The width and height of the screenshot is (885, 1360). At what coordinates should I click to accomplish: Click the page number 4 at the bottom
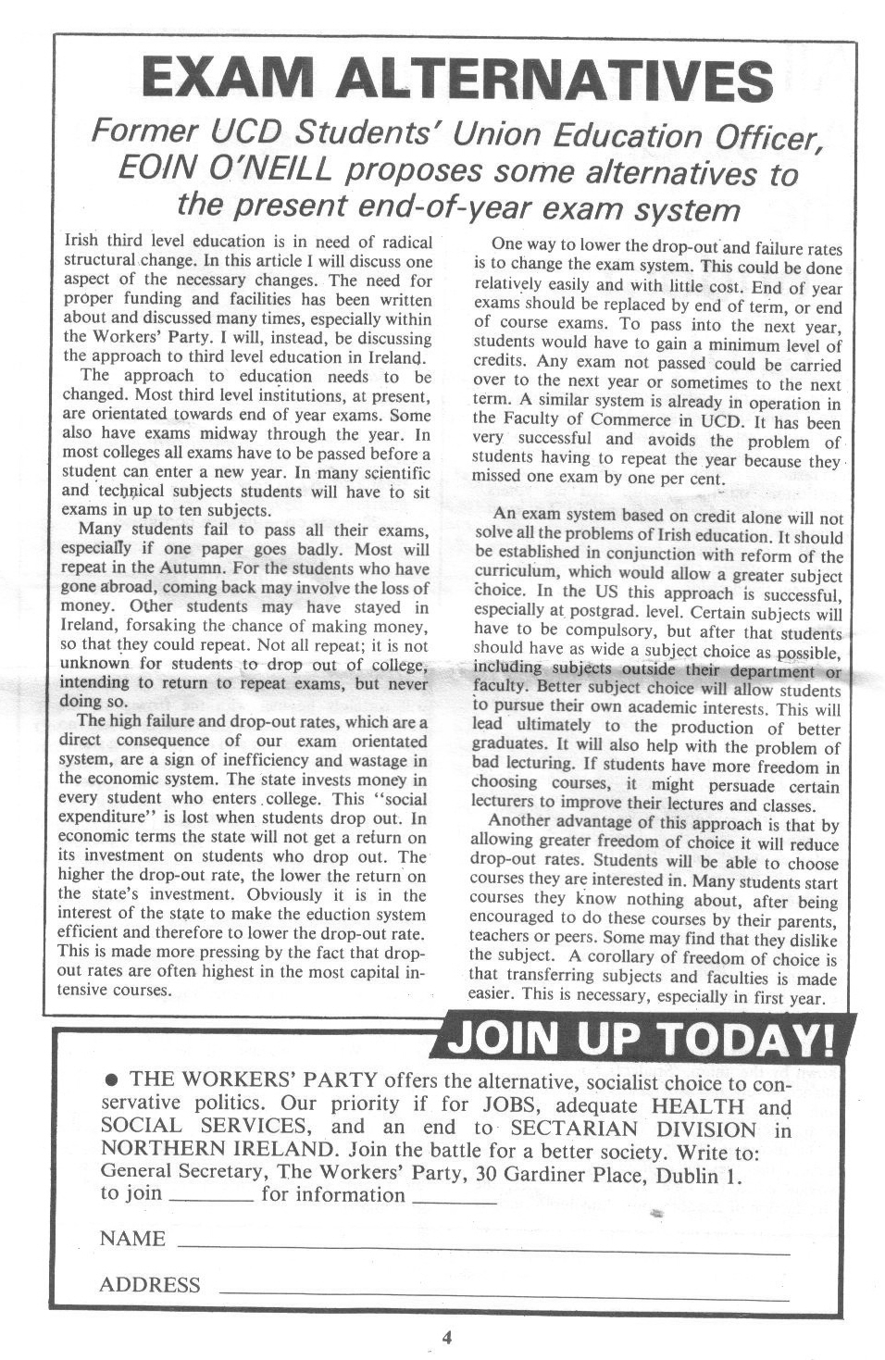pyautogui.click(x=446, y=1337)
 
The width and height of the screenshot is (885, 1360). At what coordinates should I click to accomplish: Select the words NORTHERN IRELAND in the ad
pyautogui.click(x=217, y=1151)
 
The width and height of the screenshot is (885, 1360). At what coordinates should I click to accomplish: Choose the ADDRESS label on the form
pyautogui.click(x=149, y=1285)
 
